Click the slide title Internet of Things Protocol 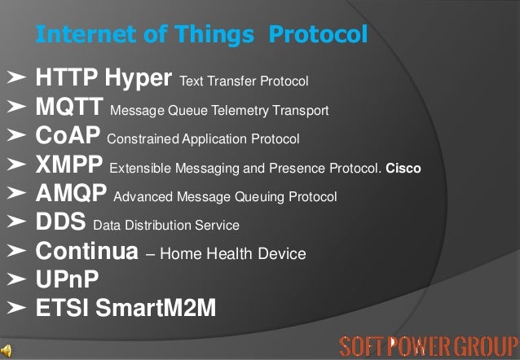pos(202,35)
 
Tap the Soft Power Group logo pos(428,343)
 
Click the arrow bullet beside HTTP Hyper pos(15,79)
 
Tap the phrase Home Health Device pos(233,254)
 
